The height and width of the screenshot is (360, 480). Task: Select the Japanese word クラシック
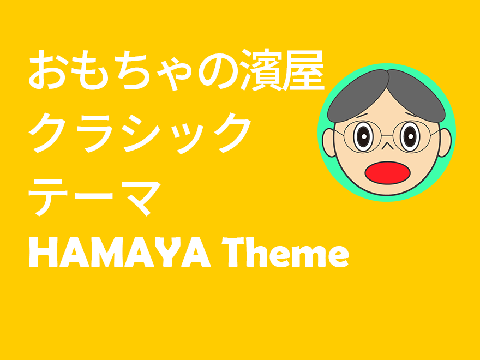(139, 133)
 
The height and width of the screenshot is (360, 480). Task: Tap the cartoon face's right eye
(410, 135)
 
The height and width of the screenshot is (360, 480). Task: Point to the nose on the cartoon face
(386, 145)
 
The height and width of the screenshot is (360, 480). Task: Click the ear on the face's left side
(328, 142)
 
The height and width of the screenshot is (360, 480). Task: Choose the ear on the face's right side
(445, 142)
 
